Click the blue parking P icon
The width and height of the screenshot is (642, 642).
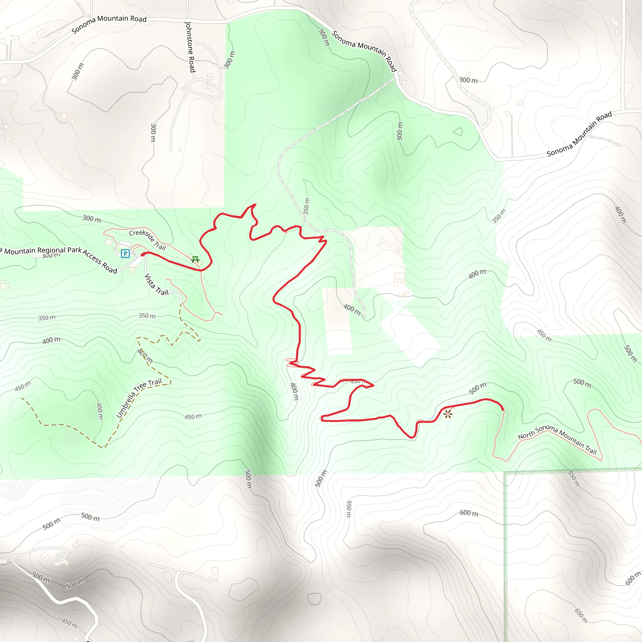click(x=125, y=254)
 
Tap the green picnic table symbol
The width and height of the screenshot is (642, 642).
click(x=195, y=259)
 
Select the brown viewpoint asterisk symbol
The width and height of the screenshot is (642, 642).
click(x=448, y=414)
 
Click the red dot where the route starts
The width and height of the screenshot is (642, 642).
click(x=143, y=255)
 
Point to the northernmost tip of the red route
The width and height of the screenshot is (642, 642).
click(x=255, y=205)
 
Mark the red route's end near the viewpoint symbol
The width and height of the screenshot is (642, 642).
click(x=503, y=409)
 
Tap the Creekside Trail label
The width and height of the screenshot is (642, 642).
click(x=147, y=239)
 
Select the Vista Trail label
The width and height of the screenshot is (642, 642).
click(x=156, y=285)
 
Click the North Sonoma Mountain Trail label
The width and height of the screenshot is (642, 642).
click(x=557, y=439)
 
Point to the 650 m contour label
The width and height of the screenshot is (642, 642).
click(x=581, y=615)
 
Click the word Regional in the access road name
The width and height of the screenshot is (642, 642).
click(x=51, y=250)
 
